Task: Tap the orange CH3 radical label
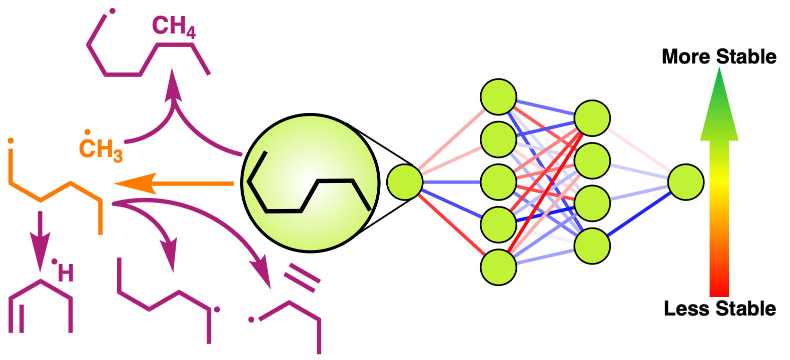click(x=101, y=148)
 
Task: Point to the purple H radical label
click(x=65, y=272)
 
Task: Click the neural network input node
click(x=405, y=182)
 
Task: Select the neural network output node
click(x=685, y=182)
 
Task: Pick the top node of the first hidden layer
click(x=498, y=96)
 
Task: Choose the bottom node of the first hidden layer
click(x=498, y=267)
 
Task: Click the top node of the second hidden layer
click(x=592, y=118)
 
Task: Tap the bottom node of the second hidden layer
click(x=592, y=245)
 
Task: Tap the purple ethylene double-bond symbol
click(x=302, y=277)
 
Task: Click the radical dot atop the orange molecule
click(x=10, y=141)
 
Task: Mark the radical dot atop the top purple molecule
click(x=112, y=10)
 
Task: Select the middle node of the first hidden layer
click(x=498, y=182)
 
